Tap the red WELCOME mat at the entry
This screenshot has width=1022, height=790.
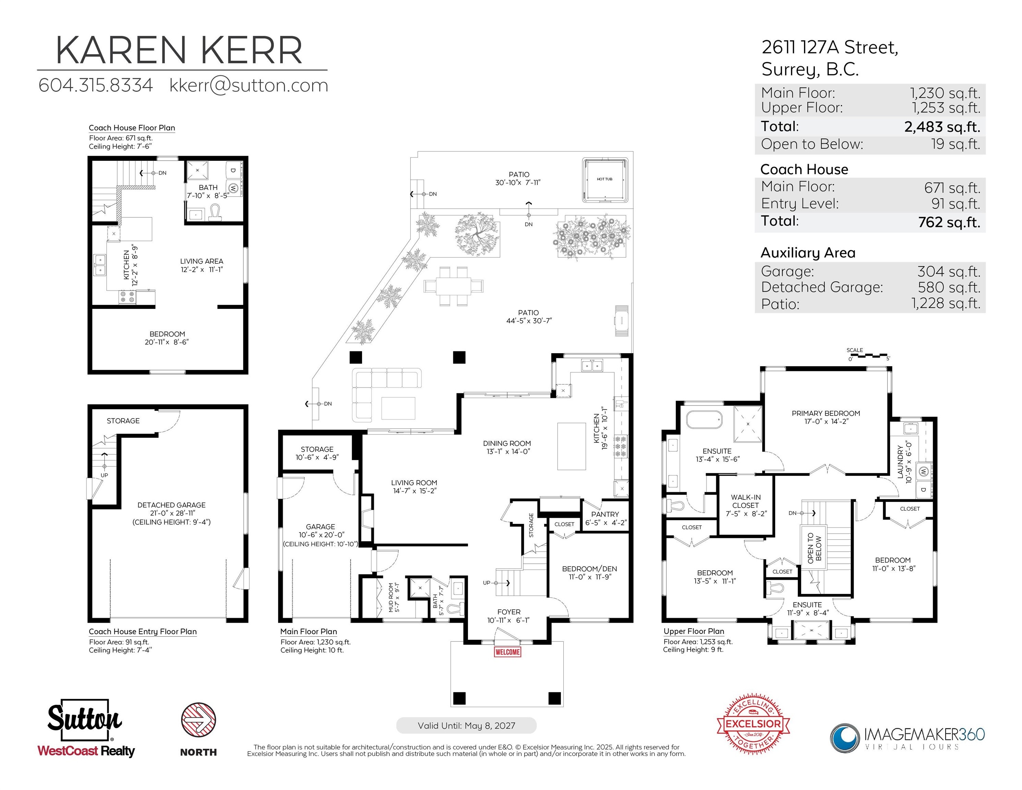pos(507,652)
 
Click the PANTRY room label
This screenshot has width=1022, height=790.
pos(605,514)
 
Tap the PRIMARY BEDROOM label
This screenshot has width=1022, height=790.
pos(826,413)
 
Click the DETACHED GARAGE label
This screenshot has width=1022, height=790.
pos(171,505)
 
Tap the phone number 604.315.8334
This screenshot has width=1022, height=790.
pos(95,85)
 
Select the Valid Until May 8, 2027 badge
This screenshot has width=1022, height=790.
pos(466,726)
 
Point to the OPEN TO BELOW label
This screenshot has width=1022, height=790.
pos(815,548)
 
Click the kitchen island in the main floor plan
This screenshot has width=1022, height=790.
pos(572,446)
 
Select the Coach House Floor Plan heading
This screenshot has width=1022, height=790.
pos(132,128)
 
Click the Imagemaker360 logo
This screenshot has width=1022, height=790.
pos(907,738)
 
